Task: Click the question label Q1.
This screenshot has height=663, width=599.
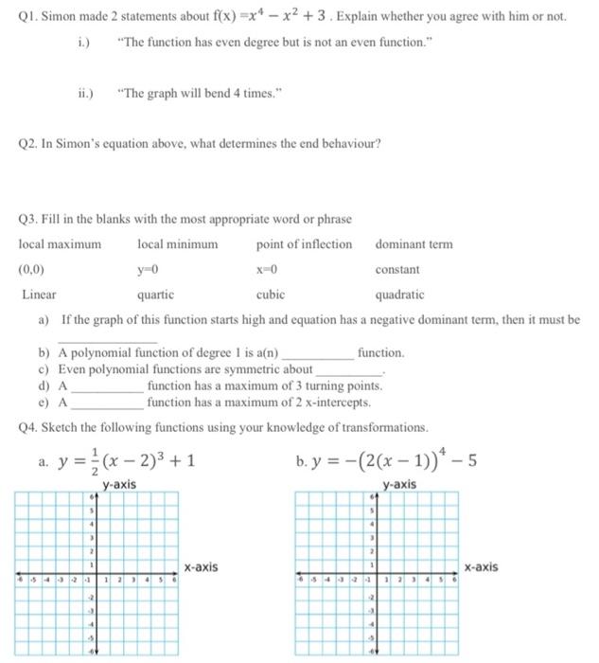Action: pos(29,18)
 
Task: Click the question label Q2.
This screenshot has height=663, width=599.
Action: pos(29,145)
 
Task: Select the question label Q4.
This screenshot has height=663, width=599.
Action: pos(29,427)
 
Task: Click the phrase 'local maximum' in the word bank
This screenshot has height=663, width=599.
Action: pos(60,244)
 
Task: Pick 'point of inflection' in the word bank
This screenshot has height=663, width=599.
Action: pos(303,244)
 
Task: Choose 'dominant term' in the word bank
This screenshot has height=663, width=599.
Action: pos(414,244)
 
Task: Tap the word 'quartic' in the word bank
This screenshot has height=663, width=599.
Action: pos(155,295)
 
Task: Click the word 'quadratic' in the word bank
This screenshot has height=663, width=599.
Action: pos(399,295)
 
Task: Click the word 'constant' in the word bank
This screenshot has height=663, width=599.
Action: pos(397,270)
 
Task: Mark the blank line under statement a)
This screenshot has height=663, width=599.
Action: pos(107,340)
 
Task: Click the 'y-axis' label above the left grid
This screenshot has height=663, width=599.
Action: pos(119,484)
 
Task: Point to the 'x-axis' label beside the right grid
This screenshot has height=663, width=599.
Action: pos(482,567)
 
